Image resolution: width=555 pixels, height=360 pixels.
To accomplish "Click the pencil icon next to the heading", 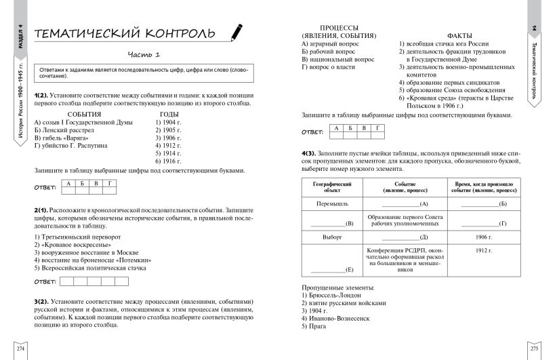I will (x=237, y=31).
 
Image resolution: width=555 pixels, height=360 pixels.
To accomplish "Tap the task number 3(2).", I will (x=41, y=300).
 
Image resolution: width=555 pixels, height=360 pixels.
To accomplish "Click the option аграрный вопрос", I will (x=330, y=43).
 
